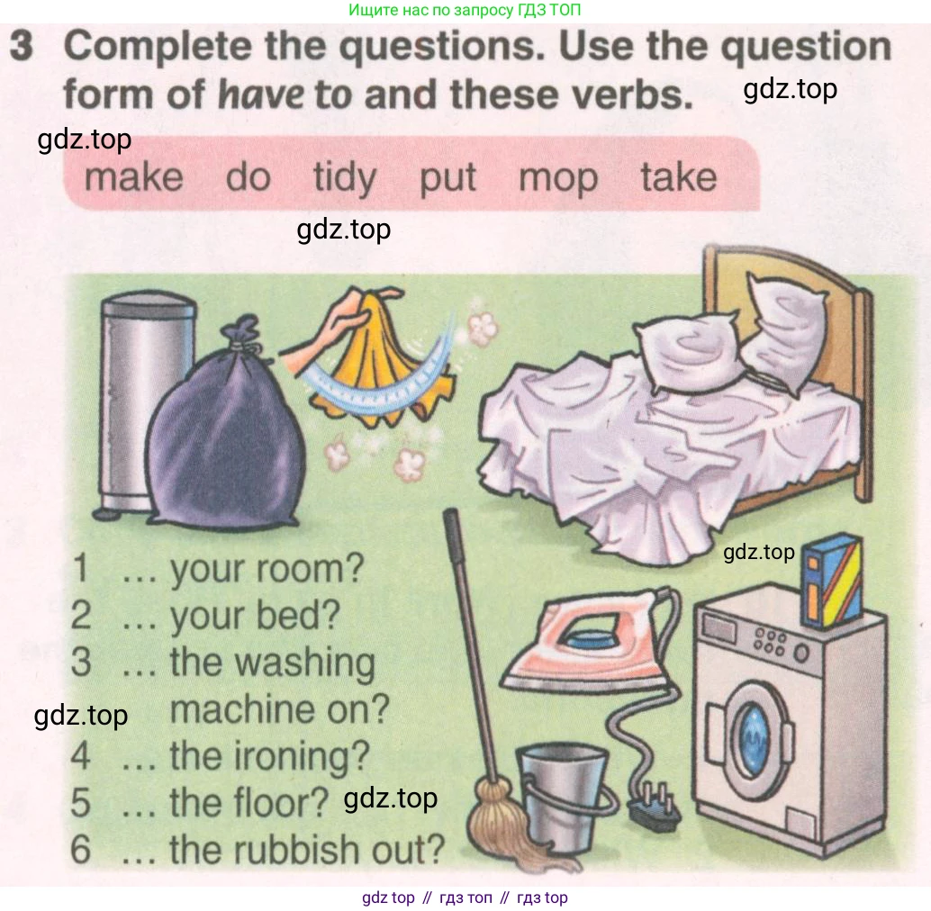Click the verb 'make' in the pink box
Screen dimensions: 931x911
click(x=133, y=177)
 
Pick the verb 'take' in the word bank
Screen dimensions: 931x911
click(x=679, y=176)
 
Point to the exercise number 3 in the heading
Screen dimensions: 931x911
click(x=22, y=46)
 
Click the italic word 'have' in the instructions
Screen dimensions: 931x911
click(x=261, y=95)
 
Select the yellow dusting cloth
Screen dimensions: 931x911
click(x=380, y=356)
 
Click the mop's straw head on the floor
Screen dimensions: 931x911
click(x=511, y=825)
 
